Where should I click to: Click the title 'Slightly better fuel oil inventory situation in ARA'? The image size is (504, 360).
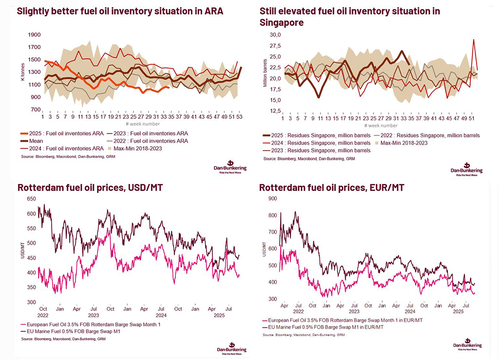(x=120, y=12)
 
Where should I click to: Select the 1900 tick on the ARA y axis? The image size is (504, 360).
(x=33, y=35)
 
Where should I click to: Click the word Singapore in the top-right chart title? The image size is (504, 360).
(x=281, y=22)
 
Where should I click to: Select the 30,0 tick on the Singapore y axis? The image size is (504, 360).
(x=275, y=35)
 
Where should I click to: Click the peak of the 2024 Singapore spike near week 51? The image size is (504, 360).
(x=473, y=40)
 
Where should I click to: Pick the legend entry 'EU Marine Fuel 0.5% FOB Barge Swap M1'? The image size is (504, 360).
(x=71, y=331)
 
